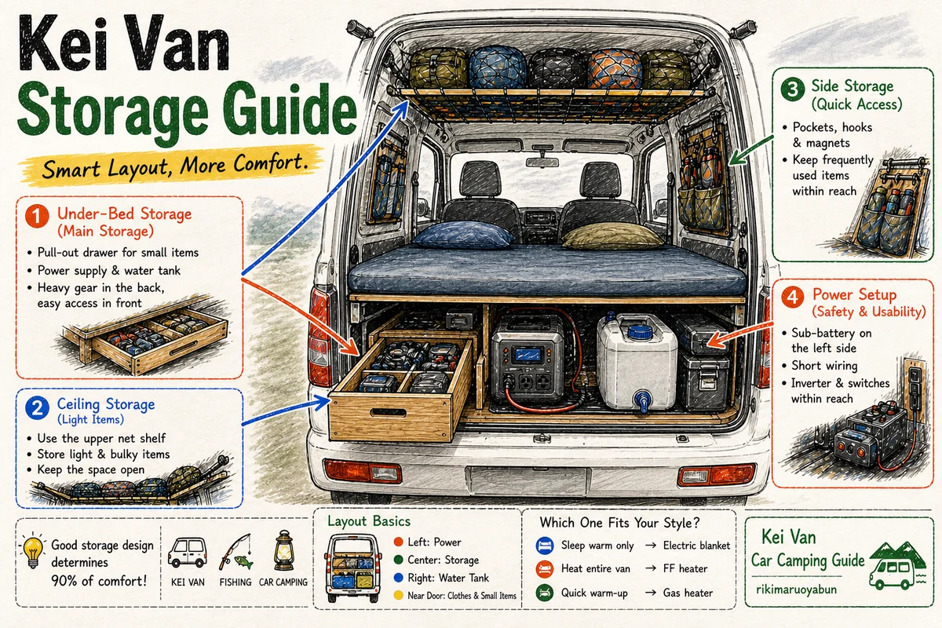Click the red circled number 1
(37, 216)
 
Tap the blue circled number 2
(37, 407)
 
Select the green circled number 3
(793, 89)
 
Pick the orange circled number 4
(792, 297)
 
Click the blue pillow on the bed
(462, 235)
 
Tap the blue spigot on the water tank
(643, 400)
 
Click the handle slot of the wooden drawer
(388, 412)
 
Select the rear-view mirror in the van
(542, 162)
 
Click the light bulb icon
(33, 551)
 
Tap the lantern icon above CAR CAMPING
(283, 550)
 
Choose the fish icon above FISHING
(244, 562)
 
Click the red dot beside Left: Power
(398, 542)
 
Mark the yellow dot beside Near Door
(398, 595)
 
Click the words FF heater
(685, 568)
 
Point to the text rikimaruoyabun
(796, 590)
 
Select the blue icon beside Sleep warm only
(545, 546)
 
